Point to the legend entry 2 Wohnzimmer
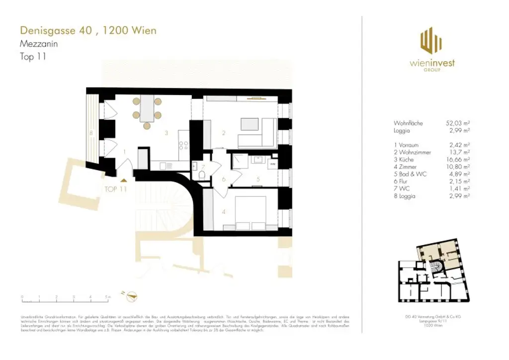pos(412,152)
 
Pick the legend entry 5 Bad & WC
pos(410,175)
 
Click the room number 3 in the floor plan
pos(167,133)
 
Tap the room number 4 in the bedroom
pos(224,212)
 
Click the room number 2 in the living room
pos(224,133)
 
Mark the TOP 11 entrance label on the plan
pos(116,189)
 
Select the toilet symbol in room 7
pos(201,176)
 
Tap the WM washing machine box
pos(272,163)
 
